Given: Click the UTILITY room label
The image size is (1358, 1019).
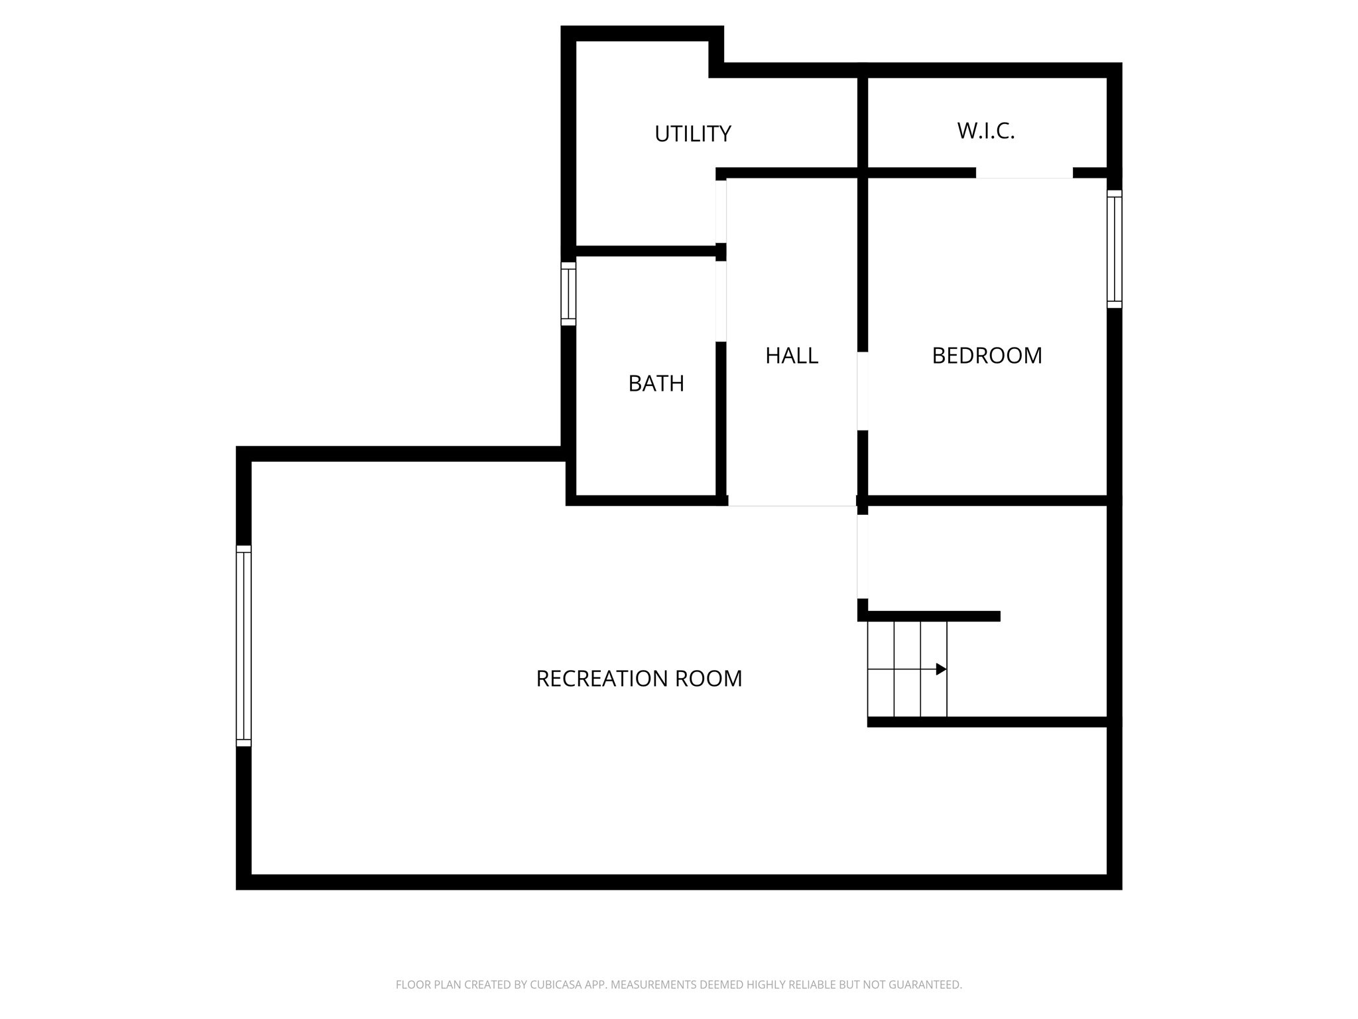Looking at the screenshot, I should (692, 134).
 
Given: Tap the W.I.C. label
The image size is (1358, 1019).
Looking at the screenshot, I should (985, 131).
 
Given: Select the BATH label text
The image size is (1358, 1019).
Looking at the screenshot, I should (656, 383).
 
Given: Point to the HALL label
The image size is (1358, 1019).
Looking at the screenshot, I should (791, 356).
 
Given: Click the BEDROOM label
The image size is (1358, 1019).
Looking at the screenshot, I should (987, 356).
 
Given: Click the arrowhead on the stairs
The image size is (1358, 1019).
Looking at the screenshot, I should (941, 669).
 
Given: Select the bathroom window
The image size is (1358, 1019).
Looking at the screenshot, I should (568, 293).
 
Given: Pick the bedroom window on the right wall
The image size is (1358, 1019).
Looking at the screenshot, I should (1115, 249).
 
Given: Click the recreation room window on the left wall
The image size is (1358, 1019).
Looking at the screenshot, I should (243, 645).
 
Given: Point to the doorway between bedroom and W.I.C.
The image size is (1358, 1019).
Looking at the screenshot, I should (1024, 174).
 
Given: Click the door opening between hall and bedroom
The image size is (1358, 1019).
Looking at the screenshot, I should (862, 391).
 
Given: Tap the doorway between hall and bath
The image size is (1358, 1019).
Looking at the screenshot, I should (721, 301).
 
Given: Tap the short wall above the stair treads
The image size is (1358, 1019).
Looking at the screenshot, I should (932, 616).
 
